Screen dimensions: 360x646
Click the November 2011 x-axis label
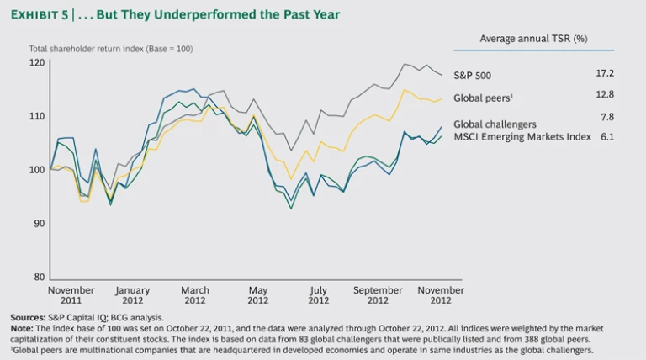[x=71, y=294]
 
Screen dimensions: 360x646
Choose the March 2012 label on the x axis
[x=195, y=294]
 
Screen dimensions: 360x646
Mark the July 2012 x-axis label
[x=318, y=294]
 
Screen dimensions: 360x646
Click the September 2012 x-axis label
[x=378, y=294]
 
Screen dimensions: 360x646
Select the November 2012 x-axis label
[x=440, y=294]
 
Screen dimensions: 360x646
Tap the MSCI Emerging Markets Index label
[x=522, y=136]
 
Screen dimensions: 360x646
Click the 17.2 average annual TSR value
[x=604, y=74]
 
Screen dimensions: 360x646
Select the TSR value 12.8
[x=604, y=95]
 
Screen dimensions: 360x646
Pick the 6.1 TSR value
[x=606, y=136]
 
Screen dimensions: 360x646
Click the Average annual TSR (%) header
[x=533, y=39]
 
